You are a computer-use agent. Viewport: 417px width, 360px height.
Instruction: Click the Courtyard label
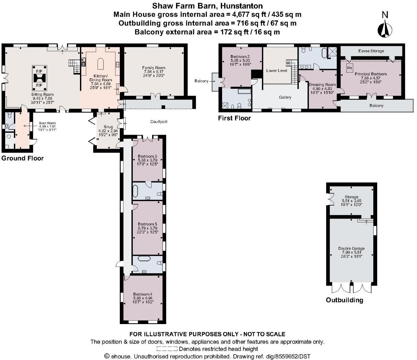click(x=159, y=122)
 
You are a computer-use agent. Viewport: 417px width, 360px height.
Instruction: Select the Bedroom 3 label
click(x=147, y=156)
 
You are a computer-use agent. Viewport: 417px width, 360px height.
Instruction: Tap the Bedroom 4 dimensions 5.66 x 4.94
click(x=143, y=298)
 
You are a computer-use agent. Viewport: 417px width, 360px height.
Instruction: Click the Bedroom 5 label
click(x=147, y=224)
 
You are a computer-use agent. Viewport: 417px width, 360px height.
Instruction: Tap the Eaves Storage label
click(x=371, y=51)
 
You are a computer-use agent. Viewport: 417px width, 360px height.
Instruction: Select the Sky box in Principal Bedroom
click(x=350, y=68)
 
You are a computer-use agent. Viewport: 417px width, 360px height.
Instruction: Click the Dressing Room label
click(x=321, y=85)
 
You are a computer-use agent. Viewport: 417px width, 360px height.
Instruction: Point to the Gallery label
click(x=285, y=97)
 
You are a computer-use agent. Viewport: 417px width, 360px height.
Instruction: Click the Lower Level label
click(x=276, y=71)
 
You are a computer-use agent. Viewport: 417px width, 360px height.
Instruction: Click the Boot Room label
click(x=47, y=123)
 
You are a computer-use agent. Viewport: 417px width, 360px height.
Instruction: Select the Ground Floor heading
click(x=22, y=158)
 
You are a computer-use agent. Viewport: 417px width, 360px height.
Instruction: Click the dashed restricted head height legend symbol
click(x=167, y=349)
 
